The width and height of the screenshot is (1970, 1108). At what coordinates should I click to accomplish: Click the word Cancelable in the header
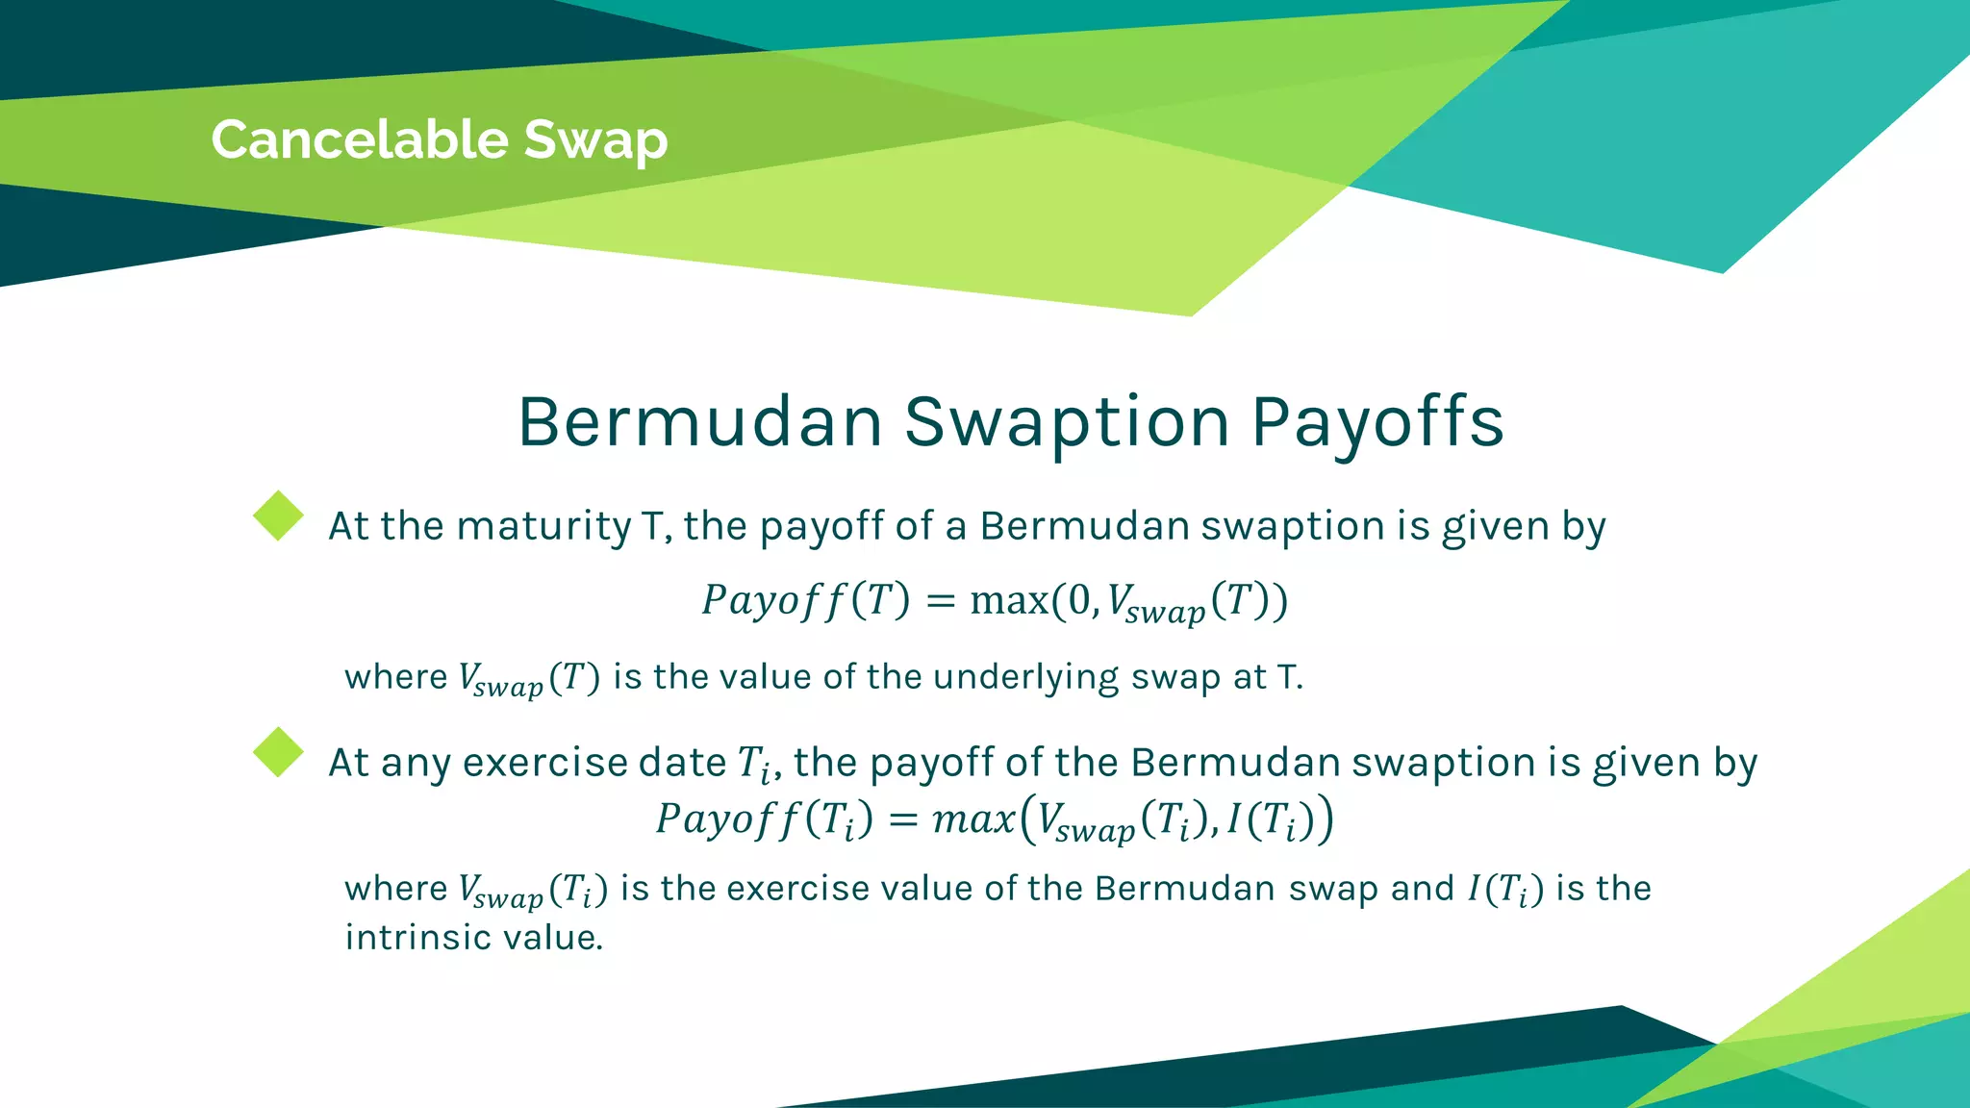(360, 139)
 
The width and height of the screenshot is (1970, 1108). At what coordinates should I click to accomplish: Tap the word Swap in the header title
(595, 141)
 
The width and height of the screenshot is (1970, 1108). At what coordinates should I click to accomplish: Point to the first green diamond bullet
(278, 516)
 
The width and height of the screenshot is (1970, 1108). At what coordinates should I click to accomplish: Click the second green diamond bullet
(278, 752)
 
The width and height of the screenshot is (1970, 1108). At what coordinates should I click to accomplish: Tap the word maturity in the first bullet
(543, 527)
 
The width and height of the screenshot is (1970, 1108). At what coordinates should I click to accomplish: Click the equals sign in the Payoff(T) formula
(940, 601)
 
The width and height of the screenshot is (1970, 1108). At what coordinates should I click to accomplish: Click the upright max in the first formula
(1009, 601)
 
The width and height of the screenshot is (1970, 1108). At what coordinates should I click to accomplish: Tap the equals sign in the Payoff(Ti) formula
(902, 819)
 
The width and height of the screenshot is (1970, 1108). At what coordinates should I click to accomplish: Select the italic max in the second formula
(973, 819)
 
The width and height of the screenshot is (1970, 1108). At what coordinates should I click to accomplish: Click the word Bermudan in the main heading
(700, 422)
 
